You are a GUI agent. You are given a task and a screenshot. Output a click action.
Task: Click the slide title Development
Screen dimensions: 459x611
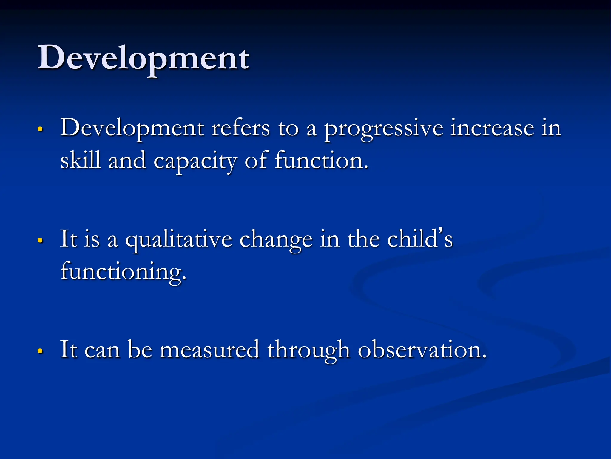point(143,58)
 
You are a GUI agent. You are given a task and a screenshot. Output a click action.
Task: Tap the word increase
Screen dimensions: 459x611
point(492,128)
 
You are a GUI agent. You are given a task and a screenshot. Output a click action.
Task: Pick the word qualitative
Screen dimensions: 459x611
point(178,240)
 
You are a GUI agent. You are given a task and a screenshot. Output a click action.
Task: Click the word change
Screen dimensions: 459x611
point(276,240)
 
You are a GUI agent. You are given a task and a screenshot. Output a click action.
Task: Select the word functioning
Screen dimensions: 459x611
point(123,271)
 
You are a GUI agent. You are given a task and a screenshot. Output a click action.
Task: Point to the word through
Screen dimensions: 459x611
point(308,350)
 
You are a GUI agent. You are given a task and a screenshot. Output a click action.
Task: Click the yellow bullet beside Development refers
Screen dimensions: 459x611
point(40,130)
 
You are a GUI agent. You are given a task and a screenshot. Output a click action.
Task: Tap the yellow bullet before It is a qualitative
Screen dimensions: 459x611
point(40,241)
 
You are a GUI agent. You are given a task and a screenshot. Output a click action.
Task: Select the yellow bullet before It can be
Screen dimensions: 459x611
point(40,351)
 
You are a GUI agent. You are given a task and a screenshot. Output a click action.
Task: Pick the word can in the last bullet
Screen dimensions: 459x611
point(102,350)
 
